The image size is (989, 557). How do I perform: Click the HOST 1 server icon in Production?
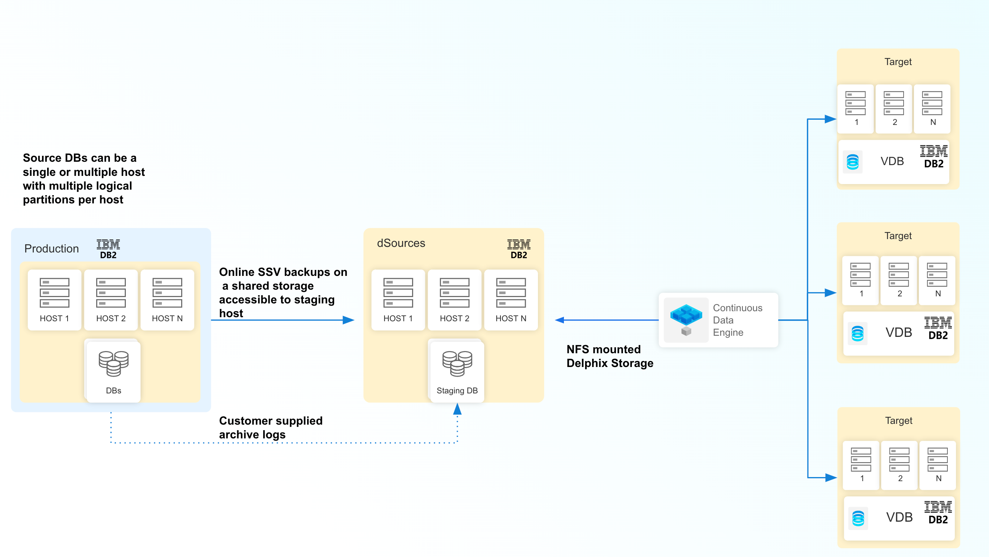[x=54, y=293]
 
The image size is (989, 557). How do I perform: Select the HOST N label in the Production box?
[x=167, y=318]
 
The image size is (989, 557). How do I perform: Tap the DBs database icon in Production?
[x=113, y=363]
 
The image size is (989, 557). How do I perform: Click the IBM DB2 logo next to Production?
[x=108, y=249]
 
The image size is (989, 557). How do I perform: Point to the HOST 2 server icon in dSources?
[x=454, y=293]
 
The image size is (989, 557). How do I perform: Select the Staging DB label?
[x=457, y=390]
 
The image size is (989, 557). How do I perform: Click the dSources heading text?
[x=401, y=243]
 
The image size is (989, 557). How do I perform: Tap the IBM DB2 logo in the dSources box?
[x=519, y=249]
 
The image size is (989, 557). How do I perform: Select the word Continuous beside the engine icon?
[x=737, y=308]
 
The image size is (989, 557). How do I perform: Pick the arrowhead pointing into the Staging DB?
[x=457, y=409]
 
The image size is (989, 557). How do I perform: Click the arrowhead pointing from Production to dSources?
[x=348, y=320]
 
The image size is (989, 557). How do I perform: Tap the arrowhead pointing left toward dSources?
[x=560, y=320]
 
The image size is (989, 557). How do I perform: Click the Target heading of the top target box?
[x=898, y=61]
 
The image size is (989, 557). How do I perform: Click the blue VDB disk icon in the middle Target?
[x=857, y=333]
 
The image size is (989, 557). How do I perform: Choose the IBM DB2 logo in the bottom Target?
[x=937, y=512]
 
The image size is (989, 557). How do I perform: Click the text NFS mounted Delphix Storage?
[x=609, y=356]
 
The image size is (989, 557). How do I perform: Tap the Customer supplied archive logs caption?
[x=270, y=428]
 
